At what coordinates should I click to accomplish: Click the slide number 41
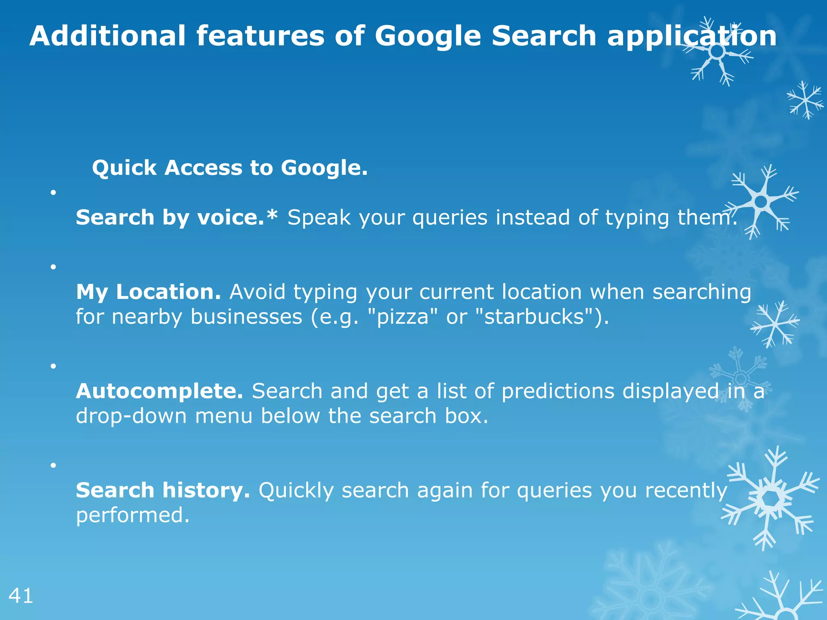point(21,596)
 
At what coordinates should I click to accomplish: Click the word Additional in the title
point(108,36)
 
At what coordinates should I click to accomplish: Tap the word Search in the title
point(544,36)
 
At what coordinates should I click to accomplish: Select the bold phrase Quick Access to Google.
point(230,168)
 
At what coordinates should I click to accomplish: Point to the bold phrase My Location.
point(148,291)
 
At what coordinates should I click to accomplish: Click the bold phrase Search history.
point(163,490)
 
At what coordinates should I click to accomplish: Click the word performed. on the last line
point(132,515)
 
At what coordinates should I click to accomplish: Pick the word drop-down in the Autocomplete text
point(131,416)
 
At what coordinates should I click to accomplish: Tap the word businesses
point(246,316)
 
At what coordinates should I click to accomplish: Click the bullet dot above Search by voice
point(53,192)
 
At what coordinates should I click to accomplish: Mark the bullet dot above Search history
point(53,465)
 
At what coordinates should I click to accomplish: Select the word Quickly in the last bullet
point(296,491)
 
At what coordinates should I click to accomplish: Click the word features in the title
point(260,36)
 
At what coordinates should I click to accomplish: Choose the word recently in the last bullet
point(686,491)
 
